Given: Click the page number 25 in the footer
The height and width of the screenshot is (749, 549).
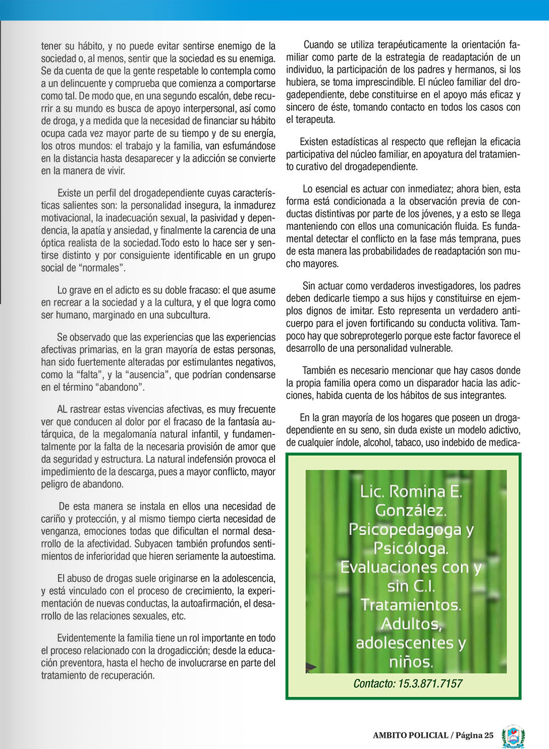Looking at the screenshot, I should (x=488, y=735).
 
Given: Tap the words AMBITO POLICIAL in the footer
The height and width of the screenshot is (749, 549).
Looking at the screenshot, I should (x=410, y=735).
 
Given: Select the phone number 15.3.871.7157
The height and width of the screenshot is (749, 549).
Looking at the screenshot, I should (x=430, y=683).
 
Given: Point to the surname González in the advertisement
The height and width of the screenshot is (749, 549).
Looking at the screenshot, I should (x=411, y=510).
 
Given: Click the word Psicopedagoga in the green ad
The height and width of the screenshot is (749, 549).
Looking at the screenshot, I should (x=405, y=529).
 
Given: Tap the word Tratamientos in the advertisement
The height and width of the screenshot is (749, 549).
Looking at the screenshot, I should (x=411, y=604).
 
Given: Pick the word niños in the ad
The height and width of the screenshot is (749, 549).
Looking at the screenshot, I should (x=411, y=661).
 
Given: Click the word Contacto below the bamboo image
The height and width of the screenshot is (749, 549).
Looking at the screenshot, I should (x=374, y=683).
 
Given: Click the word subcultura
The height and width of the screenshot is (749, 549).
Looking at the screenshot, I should (x=184, y=315).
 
